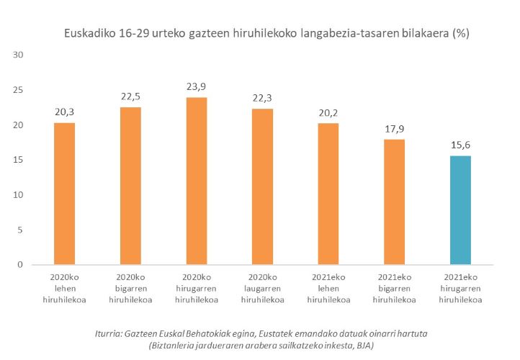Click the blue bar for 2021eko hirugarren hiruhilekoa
click(x=460, y=210)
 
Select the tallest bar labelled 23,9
click(x=196, y=181)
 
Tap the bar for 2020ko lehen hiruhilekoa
click(x=64, y=194)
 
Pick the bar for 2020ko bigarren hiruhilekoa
click(x=130, y=186)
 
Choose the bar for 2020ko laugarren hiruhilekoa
click(x=262, y=186)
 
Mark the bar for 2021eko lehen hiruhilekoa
click(x=328, y=194)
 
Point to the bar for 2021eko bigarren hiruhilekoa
click(x=394, y=202)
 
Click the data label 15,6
click(x=460, y=145)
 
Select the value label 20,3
click(x=64, y=112)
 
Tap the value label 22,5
click(x=130, y=97)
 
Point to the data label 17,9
click(x=394, y=129)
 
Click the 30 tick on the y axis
click(x=19, y=55)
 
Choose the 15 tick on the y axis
click(x=19, y=160)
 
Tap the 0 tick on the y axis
click(x=22, y=265)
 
